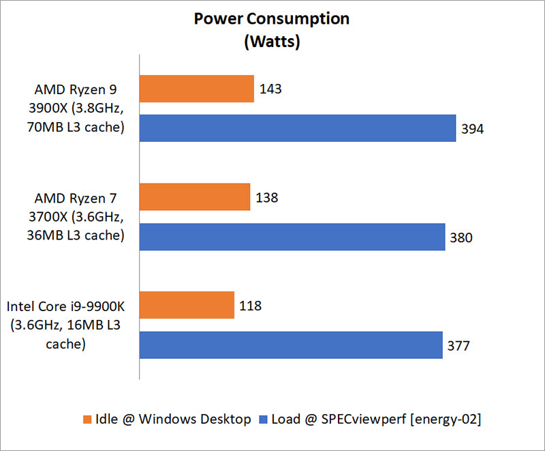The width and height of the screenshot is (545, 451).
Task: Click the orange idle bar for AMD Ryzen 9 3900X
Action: click(x=197, y=89)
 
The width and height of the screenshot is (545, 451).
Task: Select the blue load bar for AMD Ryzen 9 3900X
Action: click(x=298, y=128)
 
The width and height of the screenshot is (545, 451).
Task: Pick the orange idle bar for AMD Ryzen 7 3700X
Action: click(x=195, y=198)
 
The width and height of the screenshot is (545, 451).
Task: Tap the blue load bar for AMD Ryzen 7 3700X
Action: click(x=292, y=237)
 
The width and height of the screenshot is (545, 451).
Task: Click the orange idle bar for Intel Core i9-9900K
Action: click(x=187, y=306)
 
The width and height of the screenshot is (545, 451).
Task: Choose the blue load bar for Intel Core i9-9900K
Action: click(x=291, y=345)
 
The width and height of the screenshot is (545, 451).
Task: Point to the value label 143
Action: click(x=270, y=89)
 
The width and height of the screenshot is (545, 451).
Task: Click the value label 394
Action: click(x=472, y=128)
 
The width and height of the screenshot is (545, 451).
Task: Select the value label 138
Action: click(x=266, y=198)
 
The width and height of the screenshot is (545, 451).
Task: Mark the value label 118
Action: click(x=250, y=306)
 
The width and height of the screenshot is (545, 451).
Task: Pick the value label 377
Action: click(x=459, y=345)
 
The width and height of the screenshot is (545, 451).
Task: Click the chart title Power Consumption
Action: click(x=272, y=18)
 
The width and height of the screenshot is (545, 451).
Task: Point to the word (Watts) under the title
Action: click(x=272, y=41)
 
